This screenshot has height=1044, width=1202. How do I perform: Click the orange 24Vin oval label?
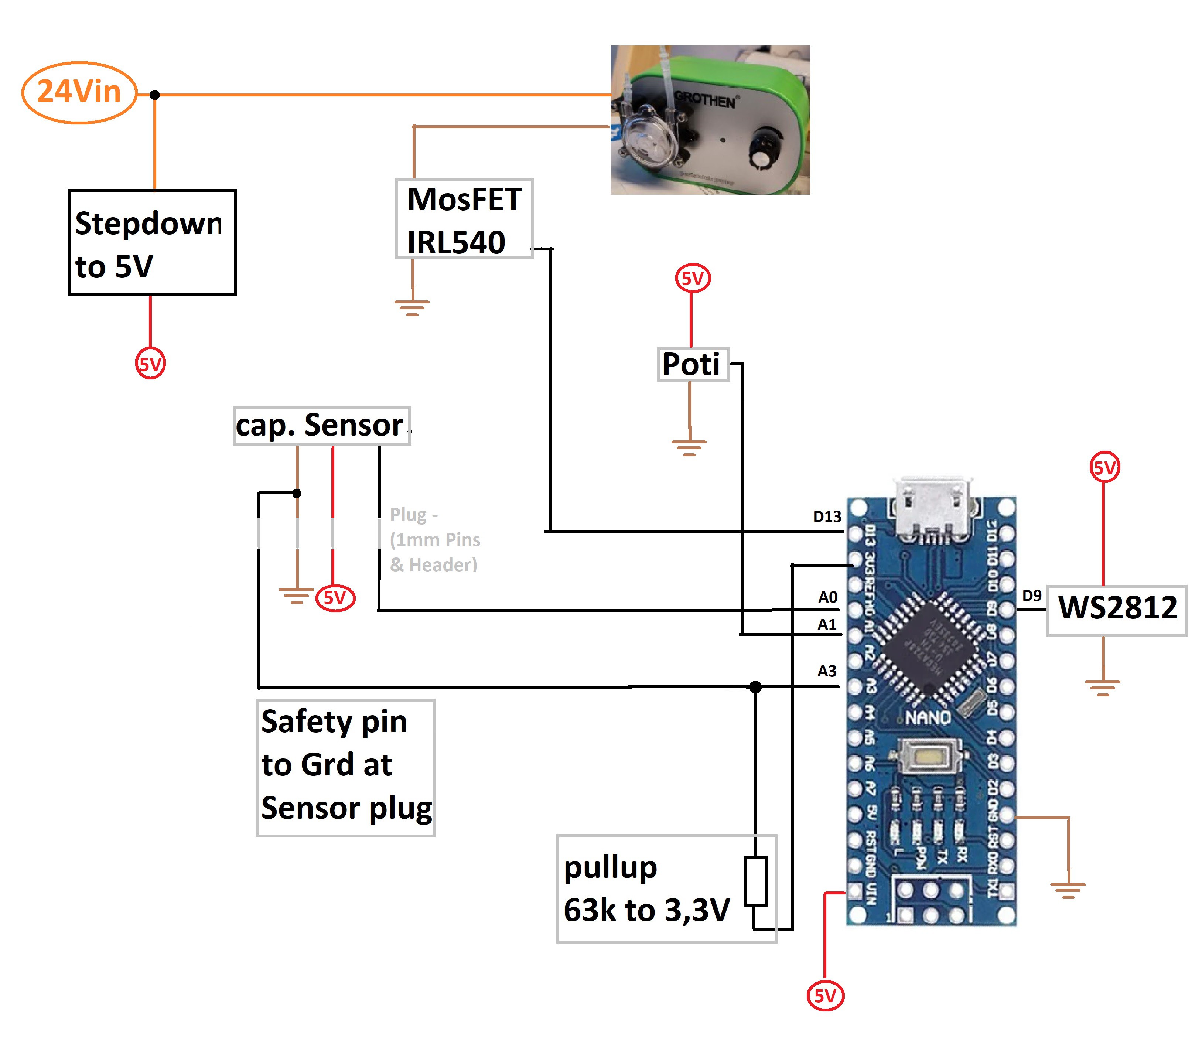(79, 92)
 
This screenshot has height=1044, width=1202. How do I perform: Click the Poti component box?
(693, 365)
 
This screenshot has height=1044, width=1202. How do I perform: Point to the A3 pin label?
(827, 671)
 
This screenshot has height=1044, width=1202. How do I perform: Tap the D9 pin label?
(1031, 596)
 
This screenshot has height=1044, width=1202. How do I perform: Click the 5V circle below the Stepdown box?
(150, 364)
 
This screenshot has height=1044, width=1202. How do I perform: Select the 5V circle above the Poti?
(693, 279)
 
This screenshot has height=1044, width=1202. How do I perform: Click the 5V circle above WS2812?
(1104, 467)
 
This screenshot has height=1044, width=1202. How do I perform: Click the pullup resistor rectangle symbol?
(756, 880)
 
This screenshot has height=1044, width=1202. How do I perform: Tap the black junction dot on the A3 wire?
(756, 688)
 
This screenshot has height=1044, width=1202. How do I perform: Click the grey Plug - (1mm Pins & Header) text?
(434, 539)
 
